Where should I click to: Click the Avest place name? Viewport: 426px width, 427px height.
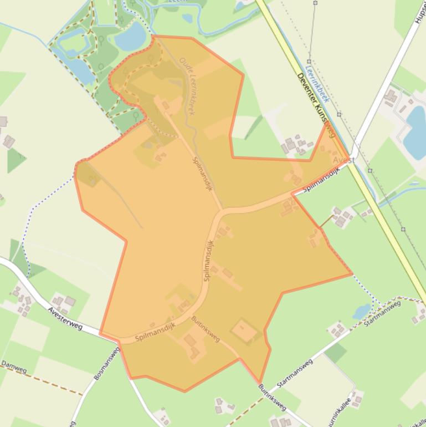[343, 160]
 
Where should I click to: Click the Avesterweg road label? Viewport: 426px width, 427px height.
[65, 319]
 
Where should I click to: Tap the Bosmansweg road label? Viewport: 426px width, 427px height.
[107, 364]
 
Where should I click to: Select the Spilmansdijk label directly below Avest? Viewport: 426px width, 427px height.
[321, 180]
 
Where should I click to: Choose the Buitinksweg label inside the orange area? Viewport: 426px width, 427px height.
[206, 329]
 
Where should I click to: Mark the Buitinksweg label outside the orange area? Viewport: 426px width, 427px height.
[272, 397]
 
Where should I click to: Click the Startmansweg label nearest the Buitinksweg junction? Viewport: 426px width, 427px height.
[295, 373]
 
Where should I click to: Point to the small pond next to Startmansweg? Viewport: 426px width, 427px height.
[362, 312]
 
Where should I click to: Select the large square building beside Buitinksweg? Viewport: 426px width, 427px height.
[244, 332]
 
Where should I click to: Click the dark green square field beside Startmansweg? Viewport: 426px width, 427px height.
[335, 353]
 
